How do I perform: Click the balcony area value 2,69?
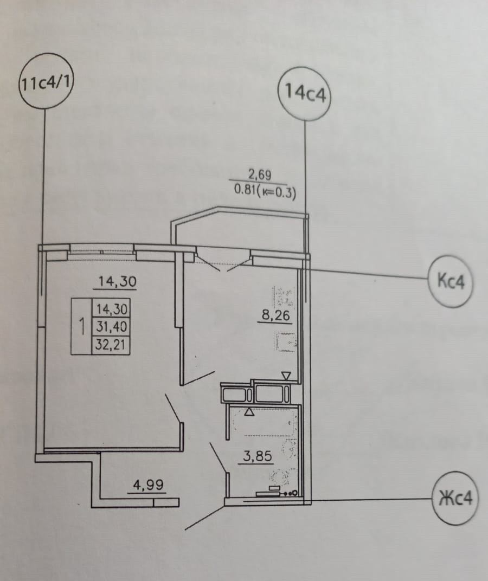259,174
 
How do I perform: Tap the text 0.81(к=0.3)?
264,191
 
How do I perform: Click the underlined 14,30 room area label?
117,281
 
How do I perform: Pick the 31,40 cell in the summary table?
111,327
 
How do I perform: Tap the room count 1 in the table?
81,327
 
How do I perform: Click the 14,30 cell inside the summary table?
111,309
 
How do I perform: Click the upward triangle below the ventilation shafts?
249,412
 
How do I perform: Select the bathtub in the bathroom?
264,423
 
